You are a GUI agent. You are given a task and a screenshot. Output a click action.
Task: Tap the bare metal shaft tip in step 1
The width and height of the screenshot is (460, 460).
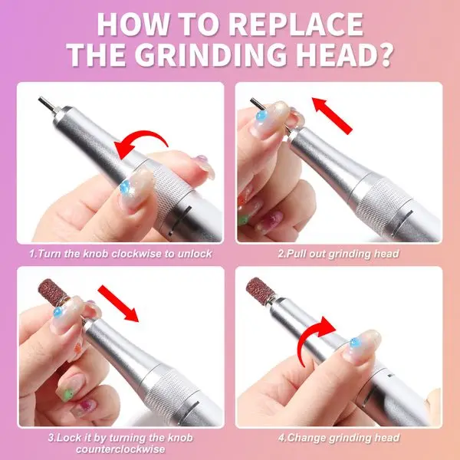[45, 102]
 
